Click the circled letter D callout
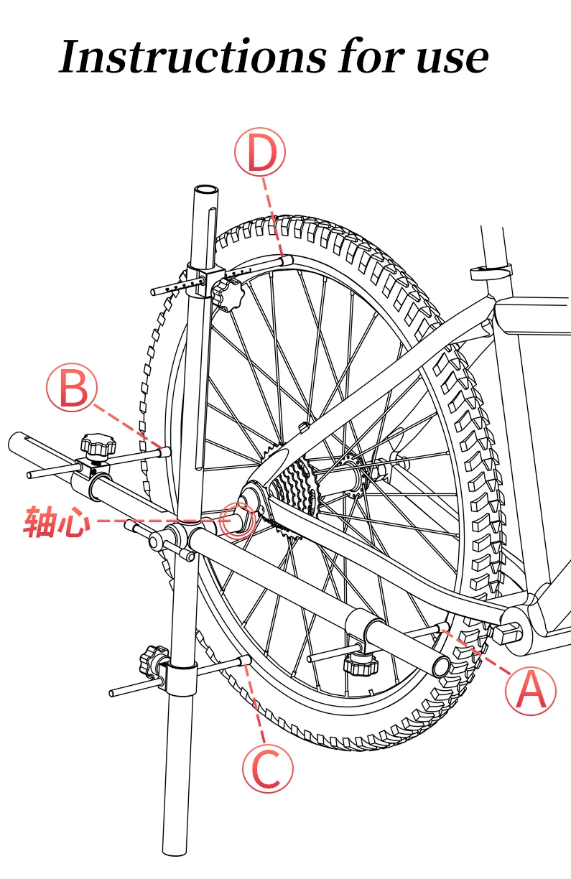(260, 152)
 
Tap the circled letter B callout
(71, 387)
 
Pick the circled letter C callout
(268, 768)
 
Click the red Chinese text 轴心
(57, 521)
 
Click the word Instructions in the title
(192, 56)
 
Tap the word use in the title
(452, 59)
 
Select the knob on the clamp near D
(228, 294)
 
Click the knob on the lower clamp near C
(154, 661)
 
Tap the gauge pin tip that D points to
(288, 260)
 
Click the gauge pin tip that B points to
(166, 452)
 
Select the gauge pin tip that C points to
(245, 660)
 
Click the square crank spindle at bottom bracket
(506, 633)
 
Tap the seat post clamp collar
(491, 271)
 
